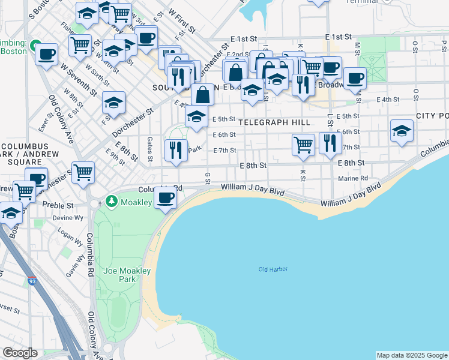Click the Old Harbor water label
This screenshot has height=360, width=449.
273,269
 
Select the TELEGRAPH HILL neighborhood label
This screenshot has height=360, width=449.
274,122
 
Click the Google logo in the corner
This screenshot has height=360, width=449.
20,353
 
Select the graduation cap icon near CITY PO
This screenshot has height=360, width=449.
402,131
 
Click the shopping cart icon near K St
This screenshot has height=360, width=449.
304,144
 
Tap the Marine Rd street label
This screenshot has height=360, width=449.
352,178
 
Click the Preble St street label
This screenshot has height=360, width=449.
58,205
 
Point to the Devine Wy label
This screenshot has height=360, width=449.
63,218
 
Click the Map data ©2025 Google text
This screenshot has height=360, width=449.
411,355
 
